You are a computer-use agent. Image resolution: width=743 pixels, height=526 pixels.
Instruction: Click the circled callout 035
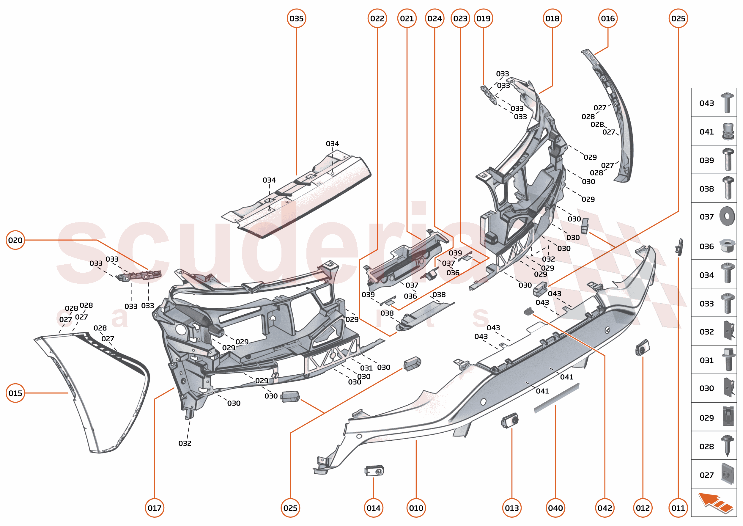[x=296, y=18]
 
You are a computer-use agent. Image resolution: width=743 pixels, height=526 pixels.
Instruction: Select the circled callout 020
[x=15, y=240]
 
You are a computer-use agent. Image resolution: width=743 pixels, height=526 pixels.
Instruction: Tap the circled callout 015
[x=15, y=393]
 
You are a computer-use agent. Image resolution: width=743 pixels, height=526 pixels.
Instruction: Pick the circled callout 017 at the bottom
[x=155, y=508]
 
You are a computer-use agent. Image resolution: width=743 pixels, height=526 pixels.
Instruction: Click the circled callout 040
[x=555, y=508]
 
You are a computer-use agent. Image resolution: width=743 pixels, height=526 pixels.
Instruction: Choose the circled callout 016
[x=608, y=18]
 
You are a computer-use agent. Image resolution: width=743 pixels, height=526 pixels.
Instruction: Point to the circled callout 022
[x=377, y=18]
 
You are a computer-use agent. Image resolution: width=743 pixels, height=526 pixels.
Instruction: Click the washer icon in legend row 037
[x=727, y=216]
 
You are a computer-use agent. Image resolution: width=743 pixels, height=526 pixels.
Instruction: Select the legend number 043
[x=706, y=103]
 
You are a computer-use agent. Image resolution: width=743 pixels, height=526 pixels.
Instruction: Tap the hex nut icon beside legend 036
[x=727, y=246]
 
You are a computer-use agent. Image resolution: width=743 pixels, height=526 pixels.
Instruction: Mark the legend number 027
[x=706, y=475]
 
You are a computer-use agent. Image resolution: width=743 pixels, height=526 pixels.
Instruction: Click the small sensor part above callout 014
[x=374, y=471]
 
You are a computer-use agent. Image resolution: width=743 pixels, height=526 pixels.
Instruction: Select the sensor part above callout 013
[x=510, y=421]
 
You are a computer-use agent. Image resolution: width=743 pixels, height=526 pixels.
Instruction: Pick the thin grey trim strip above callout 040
[x=556, y=398]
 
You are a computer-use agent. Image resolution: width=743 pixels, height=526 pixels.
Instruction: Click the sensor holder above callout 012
[x=642, y=348]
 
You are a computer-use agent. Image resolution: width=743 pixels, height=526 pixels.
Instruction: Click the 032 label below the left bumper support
[x=185, y=443]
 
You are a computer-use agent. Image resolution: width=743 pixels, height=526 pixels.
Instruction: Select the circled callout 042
[x=605, y=508]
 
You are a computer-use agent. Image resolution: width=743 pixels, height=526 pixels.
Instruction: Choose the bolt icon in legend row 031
[x=728, y=359]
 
